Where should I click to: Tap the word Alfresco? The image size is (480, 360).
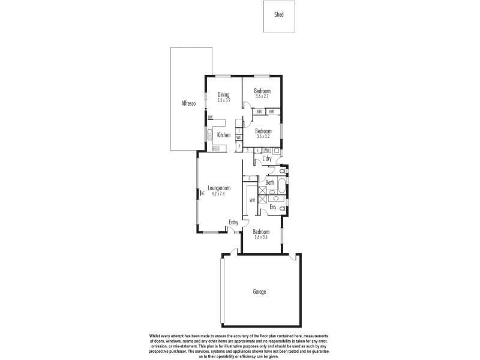click(189, 104)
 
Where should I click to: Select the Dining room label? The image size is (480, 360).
click(223, 94)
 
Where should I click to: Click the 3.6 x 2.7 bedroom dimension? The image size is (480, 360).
click(262, 96)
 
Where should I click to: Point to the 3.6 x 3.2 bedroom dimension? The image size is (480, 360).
click(262, 136)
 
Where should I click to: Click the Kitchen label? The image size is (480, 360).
click(224, 135)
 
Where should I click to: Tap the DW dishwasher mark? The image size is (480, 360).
click(211, 118)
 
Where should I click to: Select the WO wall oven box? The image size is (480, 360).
click(238, 138)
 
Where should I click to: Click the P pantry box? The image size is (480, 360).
click(238, 146)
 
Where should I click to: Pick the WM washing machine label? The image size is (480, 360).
click(267, 150)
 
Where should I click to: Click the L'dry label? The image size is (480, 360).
click(268, 158)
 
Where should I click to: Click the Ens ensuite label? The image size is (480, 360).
click(272, 207)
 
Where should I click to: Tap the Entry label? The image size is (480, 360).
click(233, 223)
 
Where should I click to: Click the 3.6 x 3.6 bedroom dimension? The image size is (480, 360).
click(260, 237)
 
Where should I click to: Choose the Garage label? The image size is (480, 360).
click(259, 292)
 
